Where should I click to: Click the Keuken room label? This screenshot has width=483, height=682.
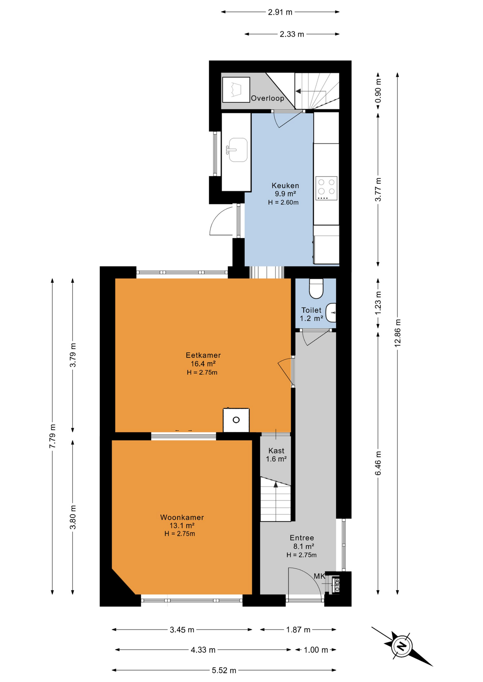click(285, 185)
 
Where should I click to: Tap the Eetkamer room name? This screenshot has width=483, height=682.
click(203, 355)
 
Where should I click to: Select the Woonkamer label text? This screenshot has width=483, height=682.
click(182, 517)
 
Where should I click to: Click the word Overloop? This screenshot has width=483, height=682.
click(267, 98)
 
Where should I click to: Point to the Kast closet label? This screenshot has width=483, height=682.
click(276, 451)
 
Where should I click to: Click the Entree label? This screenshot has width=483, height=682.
click(302, 538)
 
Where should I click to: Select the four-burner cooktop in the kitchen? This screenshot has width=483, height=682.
click(326, 188)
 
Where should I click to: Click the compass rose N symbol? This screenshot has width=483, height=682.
click(402, 645)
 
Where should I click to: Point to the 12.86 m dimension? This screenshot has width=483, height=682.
click(398, 333)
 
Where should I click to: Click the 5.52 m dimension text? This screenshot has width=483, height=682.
click(224, 670)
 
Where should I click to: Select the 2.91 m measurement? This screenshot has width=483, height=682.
click(280, 12)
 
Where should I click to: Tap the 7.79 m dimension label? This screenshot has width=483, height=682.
click(52, 436)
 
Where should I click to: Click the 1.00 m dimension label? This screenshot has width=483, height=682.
click(316, 650)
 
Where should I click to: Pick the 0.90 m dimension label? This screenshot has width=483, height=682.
click(378, 91)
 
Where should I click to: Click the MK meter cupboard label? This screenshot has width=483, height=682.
click(319, 576)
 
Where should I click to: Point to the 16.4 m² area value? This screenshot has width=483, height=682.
click(203, 364)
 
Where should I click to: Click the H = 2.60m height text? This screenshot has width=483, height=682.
click(283, 202)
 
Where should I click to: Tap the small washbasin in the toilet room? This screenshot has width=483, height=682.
click(331, 313)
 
